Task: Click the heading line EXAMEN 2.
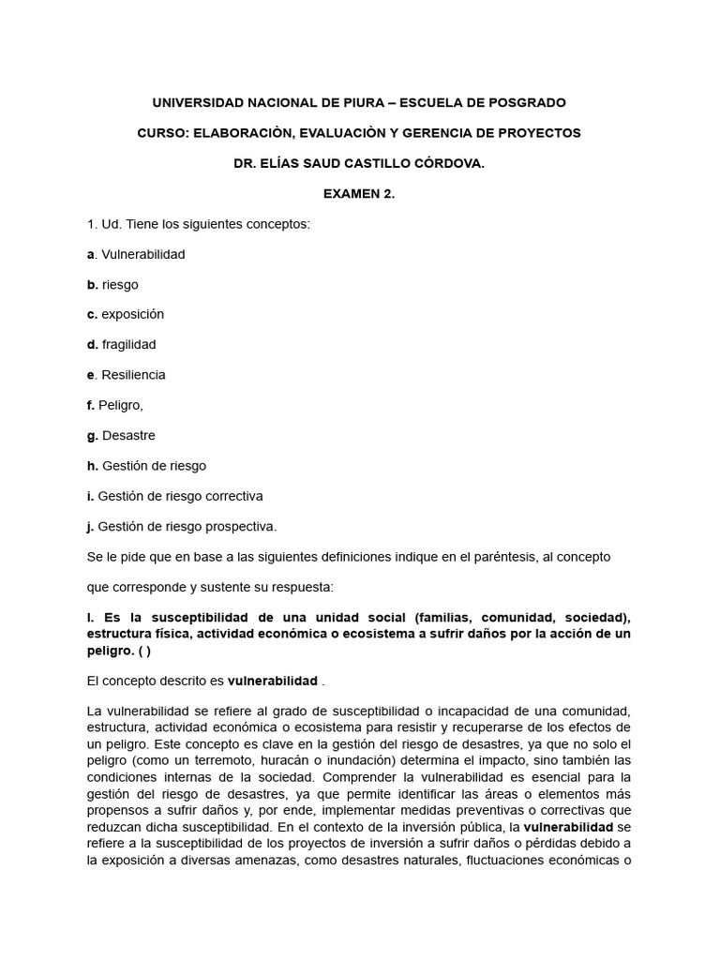click(x=360, y=193)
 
